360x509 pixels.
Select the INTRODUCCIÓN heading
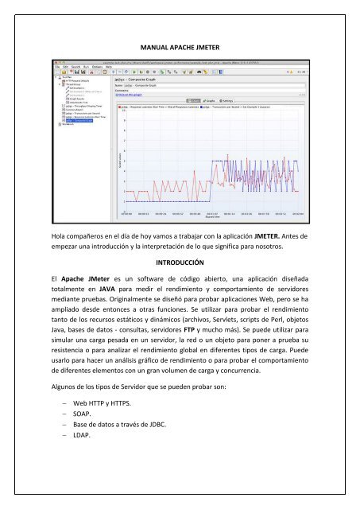point(180,262)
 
